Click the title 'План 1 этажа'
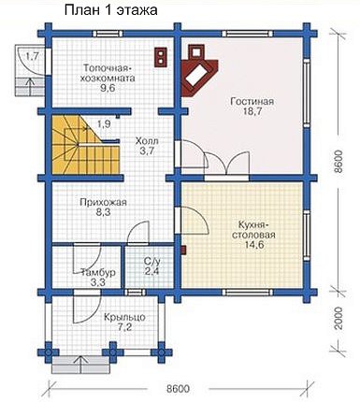(x=110, y=10)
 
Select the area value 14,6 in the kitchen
(x=253, y=244)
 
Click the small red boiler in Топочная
(x=161, y=57)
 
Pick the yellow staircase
(x=84, y=144)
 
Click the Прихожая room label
(x=103, y=203)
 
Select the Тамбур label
(x=98, y=272)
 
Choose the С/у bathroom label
(x=151, y=260)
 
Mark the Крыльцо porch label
(x=124, y=318)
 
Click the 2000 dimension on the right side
(x=338, y=318)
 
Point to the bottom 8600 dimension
(x=178, y=389)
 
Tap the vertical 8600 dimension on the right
(x=338, y=162)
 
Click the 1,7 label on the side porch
(x=32, y=56)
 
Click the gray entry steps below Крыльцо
(x=81, y=365)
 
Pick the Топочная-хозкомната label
(x=107, y=73)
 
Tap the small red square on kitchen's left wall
(x=184, y=250)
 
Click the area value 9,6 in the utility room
(x=108, y=88)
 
